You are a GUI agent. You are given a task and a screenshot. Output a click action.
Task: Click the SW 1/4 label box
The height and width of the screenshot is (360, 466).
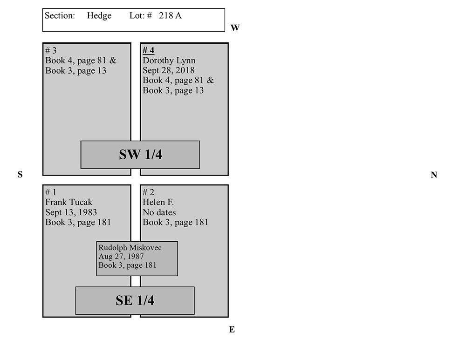(140, 155)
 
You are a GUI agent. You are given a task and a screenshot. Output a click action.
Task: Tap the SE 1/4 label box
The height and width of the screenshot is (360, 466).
(135, 300)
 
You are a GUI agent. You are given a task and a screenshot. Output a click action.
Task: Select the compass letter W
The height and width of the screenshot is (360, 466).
(235, 28)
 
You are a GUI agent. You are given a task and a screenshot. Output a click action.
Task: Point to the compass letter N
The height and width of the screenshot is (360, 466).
(434, 175)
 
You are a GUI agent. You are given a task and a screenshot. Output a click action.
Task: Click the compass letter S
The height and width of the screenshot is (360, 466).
(20, 175)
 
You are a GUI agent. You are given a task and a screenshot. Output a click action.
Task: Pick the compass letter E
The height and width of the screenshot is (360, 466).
(232, 330)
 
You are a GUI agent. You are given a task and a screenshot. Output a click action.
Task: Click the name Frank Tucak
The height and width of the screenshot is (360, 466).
(69, 202)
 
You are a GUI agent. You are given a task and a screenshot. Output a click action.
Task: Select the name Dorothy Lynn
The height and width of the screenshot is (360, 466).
(169, 61)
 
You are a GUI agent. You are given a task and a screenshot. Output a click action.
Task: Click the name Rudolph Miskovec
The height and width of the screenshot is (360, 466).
(130, 247)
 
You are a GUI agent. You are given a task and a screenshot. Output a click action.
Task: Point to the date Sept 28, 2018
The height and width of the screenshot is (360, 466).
(169, 70)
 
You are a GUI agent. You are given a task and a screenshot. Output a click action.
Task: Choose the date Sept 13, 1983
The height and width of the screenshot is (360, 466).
(71, 212)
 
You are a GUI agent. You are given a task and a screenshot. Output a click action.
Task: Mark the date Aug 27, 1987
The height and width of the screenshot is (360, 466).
(121, 256)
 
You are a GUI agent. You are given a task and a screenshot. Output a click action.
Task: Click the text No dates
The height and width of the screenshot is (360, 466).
(159, 212)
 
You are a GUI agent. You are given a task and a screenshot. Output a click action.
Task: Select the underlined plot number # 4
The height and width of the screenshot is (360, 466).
(148, 50)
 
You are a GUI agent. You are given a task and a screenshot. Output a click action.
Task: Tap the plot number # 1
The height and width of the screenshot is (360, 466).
(50, 192)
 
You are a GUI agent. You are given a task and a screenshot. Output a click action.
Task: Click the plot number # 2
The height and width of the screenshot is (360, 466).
(148, 192)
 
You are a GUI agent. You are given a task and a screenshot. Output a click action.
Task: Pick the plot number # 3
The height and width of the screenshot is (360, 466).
(51, 50)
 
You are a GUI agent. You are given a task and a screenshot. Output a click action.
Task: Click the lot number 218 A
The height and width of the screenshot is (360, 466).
(171, 15)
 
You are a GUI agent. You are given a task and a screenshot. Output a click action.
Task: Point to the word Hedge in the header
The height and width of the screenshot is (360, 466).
(99, 15)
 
